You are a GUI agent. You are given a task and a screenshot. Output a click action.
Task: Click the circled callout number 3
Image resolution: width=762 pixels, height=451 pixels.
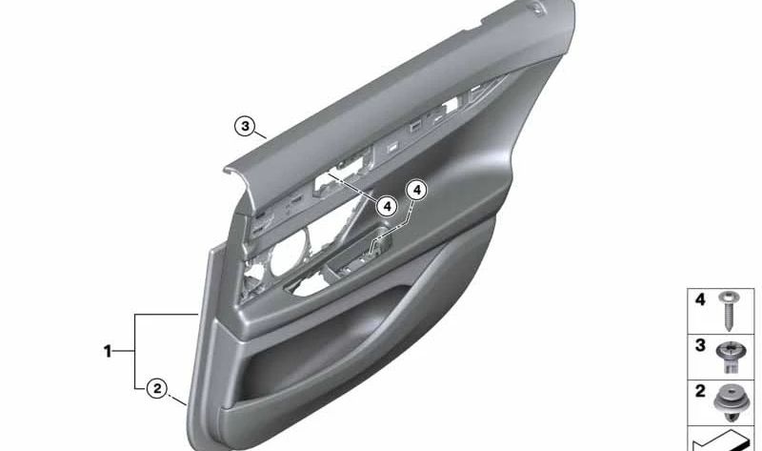pos(246,127)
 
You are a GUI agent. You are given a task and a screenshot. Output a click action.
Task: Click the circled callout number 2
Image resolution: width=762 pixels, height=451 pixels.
pos(157,388)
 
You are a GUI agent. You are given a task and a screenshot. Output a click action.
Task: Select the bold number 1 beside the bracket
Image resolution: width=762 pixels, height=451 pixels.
pos(108,351)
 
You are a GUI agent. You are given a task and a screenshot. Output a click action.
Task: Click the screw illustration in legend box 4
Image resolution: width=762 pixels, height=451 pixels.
pos(728,311)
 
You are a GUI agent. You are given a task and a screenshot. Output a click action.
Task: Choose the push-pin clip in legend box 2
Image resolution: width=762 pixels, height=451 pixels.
pos(729,402)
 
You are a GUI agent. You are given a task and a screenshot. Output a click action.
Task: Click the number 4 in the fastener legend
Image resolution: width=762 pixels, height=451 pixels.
pos(700,299)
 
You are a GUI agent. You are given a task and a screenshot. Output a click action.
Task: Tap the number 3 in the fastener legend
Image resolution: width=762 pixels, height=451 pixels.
pos(700,345)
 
